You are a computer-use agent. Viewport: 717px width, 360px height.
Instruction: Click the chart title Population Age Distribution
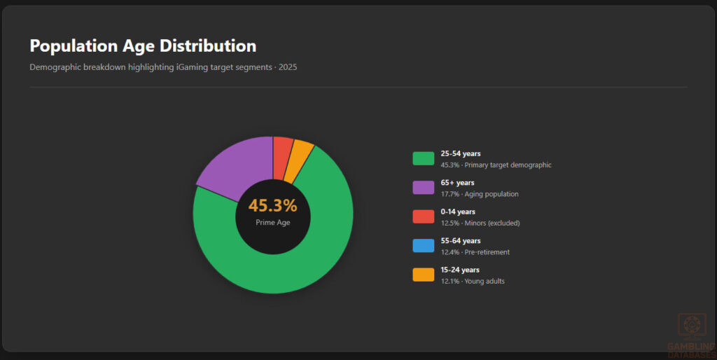[x=143, y=46]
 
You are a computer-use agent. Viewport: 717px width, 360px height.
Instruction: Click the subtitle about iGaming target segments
[x=163, y=67]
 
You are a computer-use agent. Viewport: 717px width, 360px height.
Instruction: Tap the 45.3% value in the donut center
[x=272, y=206]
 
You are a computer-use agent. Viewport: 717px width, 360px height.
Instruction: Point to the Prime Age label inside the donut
[x=272, y=223]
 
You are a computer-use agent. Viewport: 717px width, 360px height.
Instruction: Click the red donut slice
[x=282, y=146]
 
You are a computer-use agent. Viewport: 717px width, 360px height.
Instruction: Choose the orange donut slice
[x=302, y=151]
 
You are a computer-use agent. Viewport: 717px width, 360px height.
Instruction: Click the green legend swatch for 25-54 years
[x=423, y=159]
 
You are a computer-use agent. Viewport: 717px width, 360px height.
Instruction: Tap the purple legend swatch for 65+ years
[x=423, y=188]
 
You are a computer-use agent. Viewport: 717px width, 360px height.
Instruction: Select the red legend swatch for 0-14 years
[x=423, y=217]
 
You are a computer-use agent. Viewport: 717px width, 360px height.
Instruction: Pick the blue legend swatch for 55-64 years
[x=423, y=246]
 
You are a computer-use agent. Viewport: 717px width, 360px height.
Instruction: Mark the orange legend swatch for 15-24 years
[x=423, y=275]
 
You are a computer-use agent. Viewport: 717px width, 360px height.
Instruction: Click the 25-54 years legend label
[x=460, y=153]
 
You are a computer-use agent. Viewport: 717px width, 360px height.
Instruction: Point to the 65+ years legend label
[x=457, y=183]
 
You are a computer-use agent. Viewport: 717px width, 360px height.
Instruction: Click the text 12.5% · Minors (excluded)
[x=480, y=223]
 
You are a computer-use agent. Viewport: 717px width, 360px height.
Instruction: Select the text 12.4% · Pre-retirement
[x=475, y=252]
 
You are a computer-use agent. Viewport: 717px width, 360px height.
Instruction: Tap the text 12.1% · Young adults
[x=472, y=281]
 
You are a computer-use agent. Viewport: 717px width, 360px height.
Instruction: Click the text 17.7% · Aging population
[x=479, y=194]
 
